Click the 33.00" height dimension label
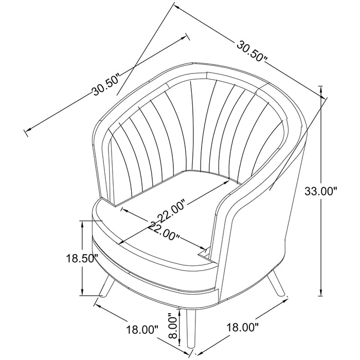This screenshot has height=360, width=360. pyautogui.click(x=322, y=192)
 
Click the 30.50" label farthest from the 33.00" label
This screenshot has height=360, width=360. pyautogui.click(x=106, y=85)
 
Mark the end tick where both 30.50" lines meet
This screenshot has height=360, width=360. pyautogui.click(x=175, y=6)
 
